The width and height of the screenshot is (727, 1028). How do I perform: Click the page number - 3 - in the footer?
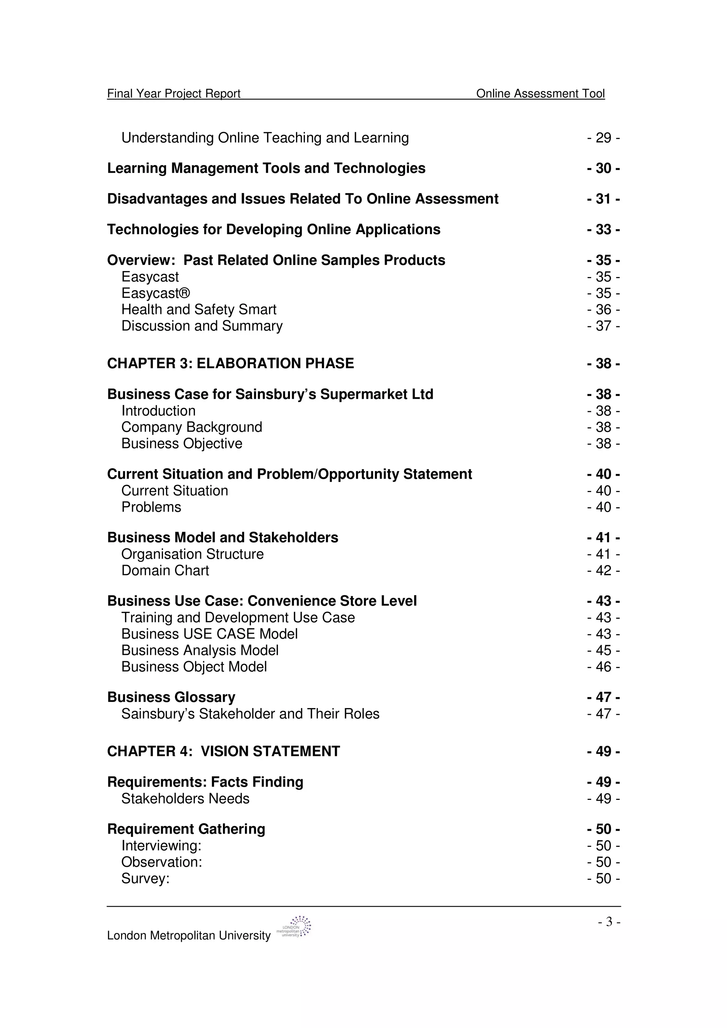pyautogui.click(x=609, y=922)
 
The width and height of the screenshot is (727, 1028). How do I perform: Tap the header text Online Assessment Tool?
pyautogui.click(x=540, y=94)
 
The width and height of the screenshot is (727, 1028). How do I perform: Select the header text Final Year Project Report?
pyautogui.click(x=174, y=94)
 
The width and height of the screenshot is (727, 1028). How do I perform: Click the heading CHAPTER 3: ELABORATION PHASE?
pyautogui.click(x=230, y=363)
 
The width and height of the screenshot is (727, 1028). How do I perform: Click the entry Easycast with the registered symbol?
pyautogui.click(x=155, y=293)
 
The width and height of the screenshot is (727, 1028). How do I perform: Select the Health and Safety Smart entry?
pyautogui.click(x=198, y=309)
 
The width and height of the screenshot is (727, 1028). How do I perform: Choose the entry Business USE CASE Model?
pyautogui.click(x=209, y=634)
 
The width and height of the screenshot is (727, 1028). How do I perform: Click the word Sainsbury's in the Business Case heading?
pyautogui.click(x=275, y=394)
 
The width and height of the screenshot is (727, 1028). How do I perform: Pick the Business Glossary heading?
pyautogui.click(x=171, y=697)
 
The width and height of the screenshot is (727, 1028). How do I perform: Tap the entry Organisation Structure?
pyautogui.click(x=192, y=554)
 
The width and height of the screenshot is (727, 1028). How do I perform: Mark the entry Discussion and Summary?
pyautogui.click(x=202, y=326)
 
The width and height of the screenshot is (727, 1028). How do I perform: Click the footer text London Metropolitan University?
pyautogui.click(x=188, y=936)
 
